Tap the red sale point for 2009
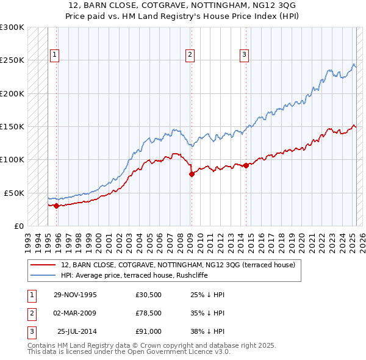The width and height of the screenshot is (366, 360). [x=192, y=174]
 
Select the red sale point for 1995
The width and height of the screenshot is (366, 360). [x=57, y=206]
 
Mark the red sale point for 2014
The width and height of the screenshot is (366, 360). [x=246, y=165]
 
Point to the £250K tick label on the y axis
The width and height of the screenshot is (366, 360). [x=12, y=60]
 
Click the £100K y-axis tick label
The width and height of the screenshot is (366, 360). [x=12, y=159]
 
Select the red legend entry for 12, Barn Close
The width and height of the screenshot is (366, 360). [x=178, y=265]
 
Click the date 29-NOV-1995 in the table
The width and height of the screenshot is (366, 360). [x=75, y=295]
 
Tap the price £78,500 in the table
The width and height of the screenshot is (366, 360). [x=149, y=313]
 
